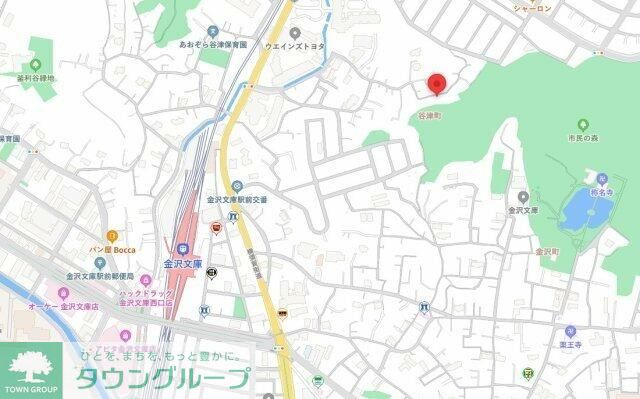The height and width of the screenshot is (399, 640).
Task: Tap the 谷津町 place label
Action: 430,115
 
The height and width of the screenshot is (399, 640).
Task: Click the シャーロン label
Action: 532,8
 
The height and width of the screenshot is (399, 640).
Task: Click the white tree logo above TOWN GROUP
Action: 33,366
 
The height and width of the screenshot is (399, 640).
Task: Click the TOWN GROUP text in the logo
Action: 33,388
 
